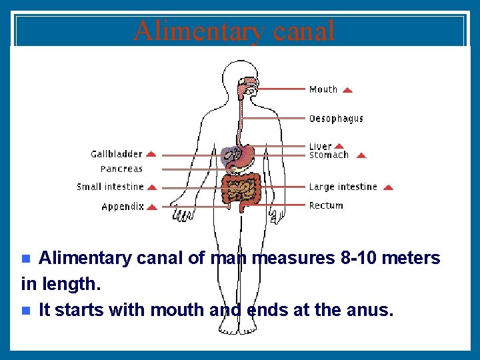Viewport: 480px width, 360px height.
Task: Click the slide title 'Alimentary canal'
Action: [234, 31]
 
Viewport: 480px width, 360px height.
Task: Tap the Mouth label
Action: [323, 89]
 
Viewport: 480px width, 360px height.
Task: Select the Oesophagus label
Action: [336, 119]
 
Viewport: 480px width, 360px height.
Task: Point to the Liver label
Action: [320, 146]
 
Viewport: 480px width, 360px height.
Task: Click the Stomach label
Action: [329, 155]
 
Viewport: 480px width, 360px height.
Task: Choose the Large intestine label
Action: [343, 187]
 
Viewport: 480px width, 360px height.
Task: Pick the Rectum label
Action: [326, 206]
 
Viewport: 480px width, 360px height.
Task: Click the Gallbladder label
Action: [117, 154]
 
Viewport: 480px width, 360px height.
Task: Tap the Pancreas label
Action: [121, 169]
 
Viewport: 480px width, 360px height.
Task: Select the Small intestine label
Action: [110, 187]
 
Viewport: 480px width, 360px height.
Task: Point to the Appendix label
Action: [123, 207]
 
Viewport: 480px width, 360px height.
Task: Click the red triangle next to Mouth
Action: [347, 89]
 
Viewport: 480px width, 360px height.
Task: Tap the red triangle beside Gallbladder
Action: [151, 154]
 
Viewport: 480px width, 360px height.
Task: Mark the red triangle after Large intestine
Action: [389, 188]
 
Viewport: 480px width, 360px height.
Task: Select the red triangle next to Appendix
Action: [152, 207]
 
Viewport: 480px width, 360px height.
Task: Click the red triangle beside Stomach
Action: [361, 155]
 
